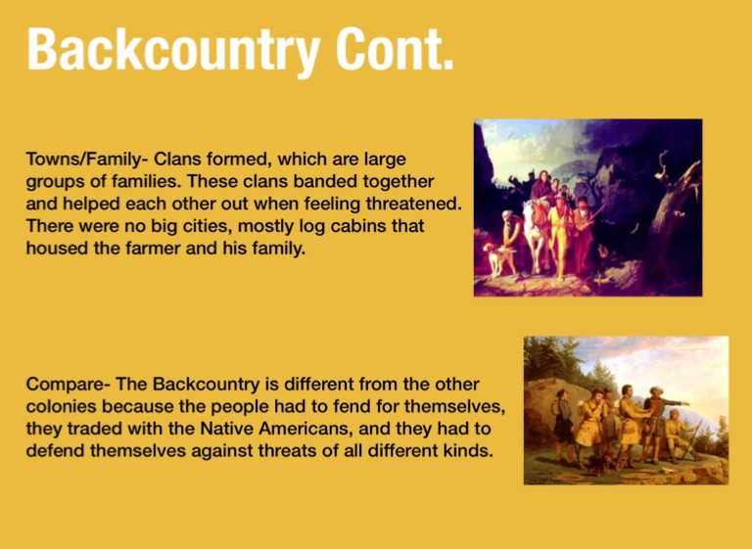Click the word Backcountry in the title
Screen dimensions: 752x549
coord(173,51)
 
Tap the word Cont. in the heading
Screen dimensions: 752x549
coord(395,49)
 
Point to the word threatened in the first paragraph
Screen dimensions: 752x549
coord(413,204)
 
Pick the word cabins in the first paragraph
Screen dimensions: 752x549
coord(358,225)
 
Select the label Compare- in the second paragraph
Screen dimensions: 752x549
coord(69,385)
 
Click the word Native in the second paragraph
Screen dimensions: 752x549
coord(226,428)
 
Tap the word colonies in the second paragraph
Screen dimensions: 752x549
coord(61,406)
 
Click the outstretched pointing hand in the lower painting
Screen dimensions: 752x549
coord(686,404)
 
